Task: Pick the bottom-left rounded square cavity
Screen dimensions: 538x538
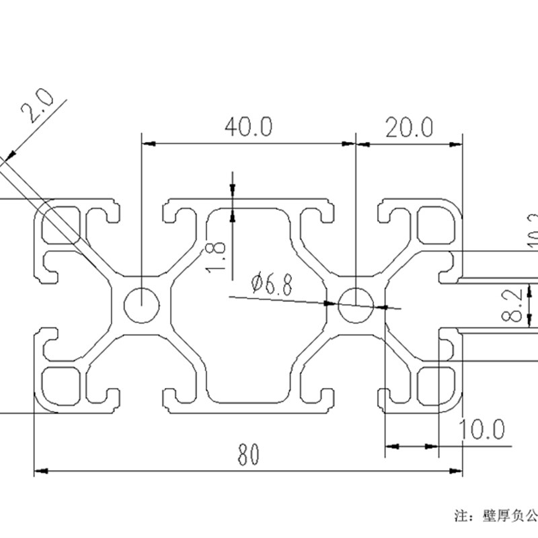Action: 63,387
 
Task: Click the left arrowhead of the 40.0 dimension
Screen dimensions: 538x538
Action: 147,143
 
